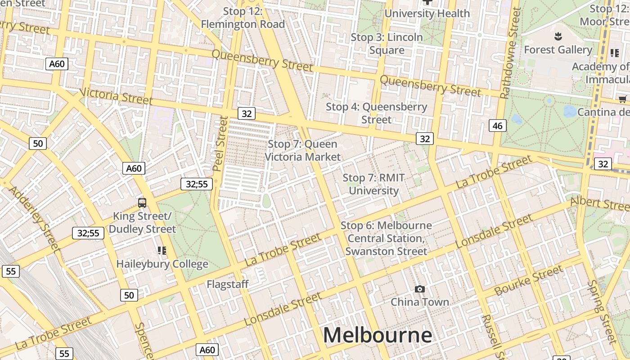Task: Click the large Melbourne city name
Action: click(377, 336)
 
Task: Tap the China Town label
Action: click(419, 302)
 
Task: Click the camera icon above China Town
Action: click(419, 289)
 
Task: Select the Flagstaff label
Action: click(227, 284)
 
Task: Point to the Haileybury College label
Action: click(162, 264)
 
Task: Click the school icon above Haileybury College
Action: click(162, 251)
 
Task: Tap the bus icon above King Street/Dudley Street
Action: click(142, 203)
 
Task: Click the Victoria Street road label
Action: click(116, 96)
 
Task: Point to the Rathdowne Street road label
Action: click(510, 53)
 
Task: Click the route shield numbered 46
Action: click(497, 126)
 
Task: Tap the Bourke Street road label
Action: click(528, 280)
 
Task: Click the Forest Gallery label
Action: click(558, 50)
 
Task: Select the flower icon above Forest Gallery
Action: click(558, 36)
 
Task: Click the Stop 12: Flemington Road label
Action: click(243, 18)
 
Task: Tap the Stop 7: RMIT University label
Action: click(373, 184)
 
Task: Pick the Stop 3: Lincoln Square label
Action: click(387, 44)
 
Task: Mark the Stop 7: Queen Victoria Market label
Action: click(302, 150)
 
